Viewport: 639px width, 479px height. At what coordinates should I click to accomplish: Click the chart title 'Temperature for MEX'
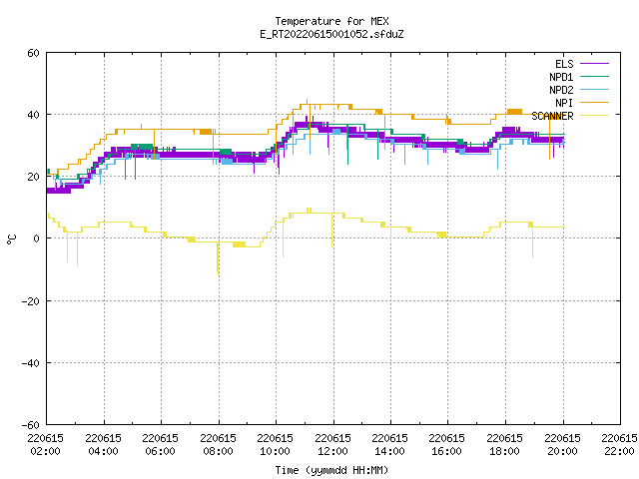pyautogui.click(x=331, y=21)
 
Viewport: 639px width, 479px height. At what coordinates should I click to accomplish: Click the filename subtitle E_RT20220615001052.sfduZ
pyautogui.click(x=331, y=34)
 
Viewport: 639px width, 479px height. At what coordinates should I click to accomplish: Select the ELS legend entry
pyautogui.click(x=582, y=64)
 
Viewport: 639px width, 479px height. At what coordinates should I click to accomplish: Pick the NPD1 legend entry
pyautogui.click(x=579, y=77)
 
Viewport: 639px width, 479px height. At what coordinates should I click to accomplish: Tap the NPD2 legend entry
pyautogui.click(x=579, y=90)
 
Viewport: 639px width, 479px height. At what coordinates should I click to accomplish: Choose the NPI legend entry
pyautogui.click(x=582, y=103)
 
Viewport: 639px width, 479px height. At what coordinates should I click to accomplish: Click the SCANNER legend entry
pyautogui.click(x=570, y=116)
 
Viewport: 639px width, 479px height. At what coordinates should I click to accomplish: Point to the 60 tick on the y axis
pyautogui.click(x=33, y=53)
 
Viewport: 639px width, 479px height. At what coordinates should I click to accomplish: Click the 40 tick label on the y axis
pyautogui.click(x=33, y=115)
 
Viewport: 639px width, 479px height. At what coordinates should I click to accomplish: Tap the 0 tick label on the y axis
pyautogui.click(x=37, y=239)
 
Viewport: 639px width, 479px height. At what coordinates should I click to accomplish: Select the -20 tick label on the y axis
pyautogui.click(x=31, y=301)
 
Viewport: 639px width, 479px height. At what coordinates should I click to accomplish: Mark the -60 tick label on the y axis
pyautogui.click(x=31, y=425)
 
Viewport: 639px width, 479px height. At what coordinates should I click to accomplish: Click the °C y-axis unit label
pyautogui.click(x=12, y=239)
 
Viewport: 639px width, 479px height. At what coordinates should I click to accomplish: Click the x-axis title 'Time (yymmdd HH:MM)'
pyautogui.click(x=331, y=470)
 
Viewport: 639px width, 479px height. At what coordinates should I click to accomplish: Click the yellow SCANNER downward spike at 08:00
pyautogui.click(x=218, y=259)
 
